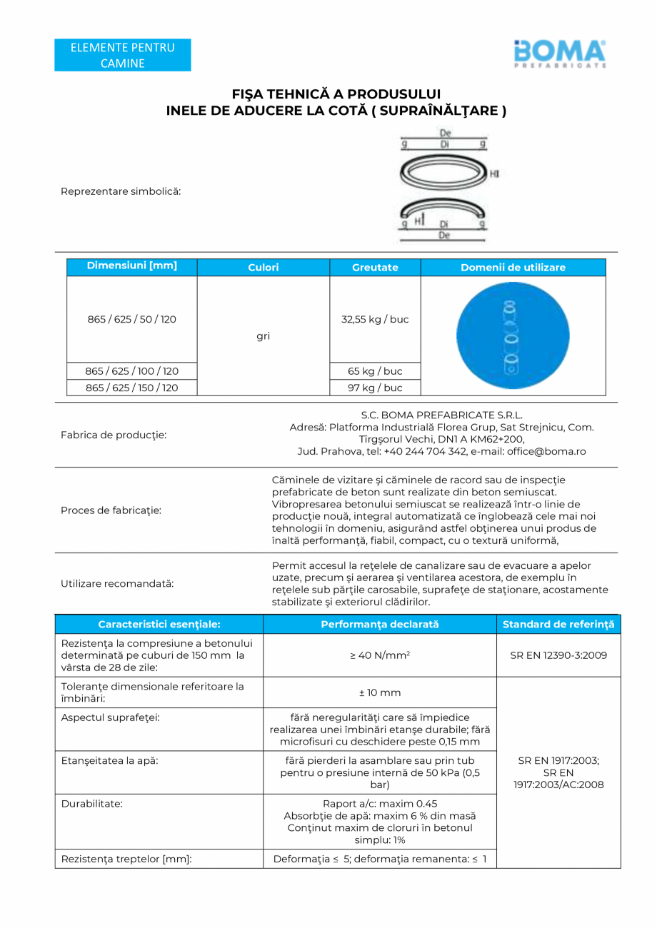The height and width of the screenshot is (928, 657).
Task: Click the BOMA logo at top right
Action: pyautogui.click(x=559, y=54)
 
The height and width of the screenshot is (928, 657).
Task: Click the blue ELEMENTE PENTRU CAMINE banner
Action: pyautogui.click(x=123, y=55)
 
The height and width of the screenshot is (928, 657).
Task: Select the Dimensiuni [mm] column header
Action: pyautogui.click(x=132, y=266)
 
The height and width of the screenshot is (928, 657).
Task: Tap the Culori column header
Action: pyautogui.click(x=263, y=268)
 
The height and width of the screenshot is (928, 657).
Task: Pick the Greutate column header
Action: pyautogui.click(x=375, y=268)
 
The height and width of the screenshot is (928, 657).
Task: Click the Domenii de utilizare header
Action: pyautogui.click(x=513, y=268)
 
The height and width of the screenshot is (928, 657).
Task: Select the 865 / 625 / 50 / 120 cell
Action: pyautogui.click(x=132, y=319)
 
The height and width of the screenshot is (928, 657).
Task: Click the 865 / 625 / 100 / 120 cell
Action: pyautogui.click(x=132, y=371)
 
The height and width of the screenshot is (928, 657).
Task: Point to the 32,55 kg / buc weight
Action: pyautogui.click(x=375, y=319)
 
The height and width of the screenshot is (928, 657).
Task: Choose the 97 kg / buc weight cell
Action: pyautogui.click(x=375, y=388)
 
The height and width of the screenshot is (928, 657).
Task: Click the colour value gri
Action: pyautogui.click(x=263, y=336)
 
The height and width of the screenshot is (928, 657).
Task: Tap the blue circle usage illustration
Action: pyautogui.click(x=513, y=336)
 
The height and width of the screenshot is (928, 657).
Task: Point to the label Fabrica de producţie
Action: pyautogui.click(x=114, y=435)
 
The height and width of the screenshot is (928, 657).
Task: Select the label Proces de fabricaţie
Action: pyautogui.click(x=111, y=510)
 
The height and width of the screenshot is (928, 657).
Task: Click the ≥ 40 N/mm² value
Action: pyautogui.click(x=380, y=655)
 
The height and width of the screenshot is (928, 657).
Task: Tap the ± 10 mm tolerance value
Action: pyautogui.click(x=380, y=692)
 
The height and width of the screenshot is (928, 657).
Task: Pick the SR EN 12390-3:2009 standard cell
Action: pyautogui.click(x=558, y=655)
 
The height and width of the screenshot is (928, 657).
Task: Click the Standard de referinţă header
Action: pyautogui.click(x=558, y=625)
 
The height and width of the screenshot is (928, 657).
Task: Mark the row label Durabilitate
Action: pyautogui.click(x=92, y=803)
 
